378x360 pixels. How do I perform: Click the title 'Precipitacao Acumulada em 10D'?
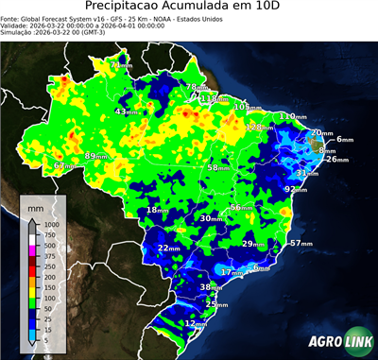189,8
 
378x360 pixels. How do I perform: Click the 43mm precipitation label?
125,111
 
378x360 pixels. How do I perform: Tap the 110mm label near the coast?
291,116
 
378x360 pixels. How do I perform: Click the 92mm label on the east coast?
296,189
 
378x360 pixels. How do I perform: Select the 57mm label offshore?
300,243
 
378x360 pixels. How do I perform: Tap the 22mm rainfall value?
168,248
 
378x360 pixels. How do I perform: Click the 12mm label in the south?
196,323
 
